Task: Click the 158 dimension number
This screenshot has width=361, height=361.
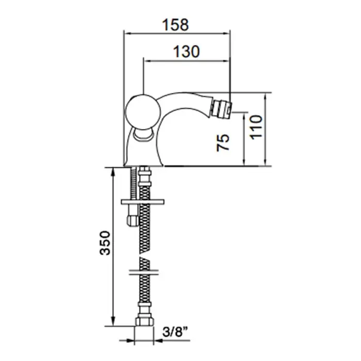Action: tap(175, 25)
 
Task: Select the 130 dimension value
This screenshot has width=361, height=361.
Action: tap(186, 52)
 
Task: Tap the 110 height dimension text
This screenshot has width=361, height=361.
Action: tap(256, 127)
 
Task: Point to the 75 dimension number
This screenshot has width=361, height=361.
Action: tap(223, 142)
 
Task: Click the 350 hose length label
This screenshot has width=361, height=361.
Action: tap(105, 243)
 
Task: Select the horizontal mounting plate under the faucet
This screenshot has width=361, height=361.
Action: tap(143, 202)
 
